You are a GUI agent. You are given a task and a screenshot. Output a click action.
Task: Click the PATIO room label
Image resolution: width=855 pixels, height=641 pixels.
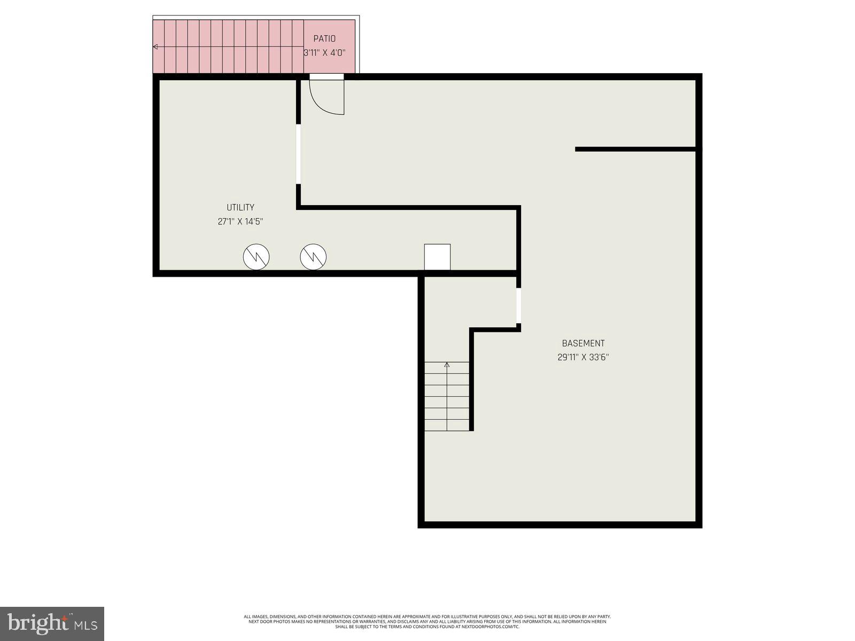point(324,38)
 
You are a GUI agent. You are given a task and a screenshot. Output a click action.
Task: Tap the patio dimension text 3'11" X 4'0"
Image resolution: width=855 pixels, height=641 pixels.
point(324,52)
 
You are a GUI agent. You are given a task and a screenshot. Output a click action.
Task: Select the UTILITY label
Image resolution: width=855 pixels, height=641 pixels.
point(240,207)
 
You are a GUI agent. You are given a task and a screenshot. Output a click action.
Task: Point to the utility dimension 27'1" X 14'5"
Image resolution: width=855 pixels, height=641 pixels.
point(240,221)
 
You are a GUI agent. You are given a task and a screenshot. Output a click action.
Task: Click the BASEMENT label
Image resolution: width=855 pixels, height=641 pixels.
point(583,343)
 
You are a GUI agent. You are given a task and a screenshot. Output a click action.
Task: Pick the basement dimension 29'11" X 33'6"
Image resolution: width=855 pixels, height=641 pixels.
point(583,357)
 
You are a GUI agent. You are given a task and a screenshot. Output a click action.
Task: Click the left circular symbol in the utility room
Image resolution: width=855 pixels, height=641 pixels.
point(256,257)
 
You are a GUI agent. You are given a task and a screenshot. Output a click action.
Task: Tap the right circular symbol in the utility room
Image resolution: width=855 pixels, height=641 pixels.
point(313,257)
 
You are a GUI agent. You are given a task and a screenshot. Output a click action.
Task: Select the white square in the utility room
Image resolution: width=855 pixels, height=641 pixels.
point(437,257)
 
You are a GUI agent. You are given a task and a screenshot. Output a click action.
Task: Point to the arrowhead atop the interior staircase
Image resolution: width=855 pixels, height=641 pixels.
point(447,365)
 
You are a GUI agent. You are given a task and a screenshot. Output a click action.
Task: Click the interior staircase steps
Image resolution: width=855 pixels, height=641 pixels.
point(447,398)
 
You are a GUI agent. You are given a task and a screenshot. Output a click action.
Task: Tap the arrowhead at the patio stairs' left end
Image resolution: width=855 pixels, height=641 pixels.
point(156,47)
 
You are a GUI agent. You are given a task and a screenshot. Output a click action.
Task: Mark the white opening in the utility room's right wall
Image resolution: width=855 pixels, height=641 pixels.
point(299,154)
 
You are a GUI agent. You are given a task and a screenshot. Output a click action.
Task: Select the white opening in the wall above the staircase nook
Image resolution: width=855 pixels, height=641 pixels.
point(518,306)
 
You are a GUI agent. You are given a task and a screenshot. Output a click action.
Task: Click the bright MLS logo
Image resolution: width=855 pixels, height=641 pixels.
point(52,623)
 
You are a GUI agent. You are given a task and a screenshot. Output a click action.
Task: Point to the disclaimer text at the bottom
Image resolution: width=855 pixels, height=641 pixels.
point(428,621)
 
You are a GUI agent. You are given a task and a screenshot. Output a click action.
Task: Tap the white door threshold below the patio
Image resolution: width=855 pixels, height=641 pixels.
point(327,77)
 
